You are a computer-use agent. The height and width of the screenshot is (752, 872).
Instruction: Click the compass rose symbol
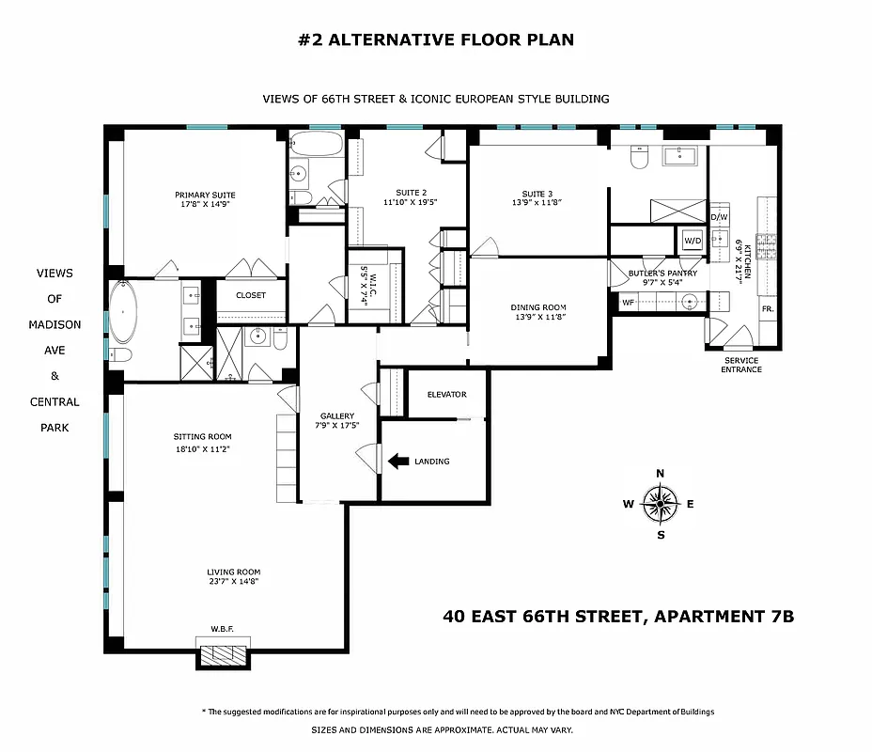[660, 504]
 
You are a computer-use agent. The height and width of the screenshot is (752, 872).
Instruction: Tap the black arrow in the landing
[398, 461]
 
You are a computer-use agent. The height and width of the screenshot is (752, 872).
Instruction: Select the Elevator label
[446, 394]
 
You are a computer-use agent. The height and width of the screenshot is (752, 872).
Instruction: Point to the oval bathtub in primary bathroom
[123, 313]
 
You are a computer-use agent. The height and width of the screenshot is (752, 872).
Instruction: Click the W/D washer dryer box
[692, 240]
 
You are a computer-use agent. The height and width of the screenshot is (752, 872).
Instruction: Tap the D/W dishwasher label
[719, 217]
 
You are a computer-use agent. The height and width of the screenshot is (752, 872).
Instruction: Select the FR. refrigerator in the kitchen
[767, 308]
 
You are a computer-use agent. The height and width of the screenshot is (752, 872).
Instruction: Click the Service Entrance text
[741, 365]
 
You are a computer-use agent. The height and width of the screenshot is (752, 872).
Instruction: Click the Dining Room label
[538, 307]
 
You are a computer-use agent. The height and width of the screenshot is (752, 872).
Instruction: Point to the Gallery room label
[336, 415]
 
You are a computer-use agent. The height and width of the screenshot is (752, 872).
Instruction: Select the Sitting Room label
[202, 436]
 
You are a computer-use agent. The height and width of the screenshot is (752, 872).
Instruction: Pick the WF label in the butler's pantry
[628, 303]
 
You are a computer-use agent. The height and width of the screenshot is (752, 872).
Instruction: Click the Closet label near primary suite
[250, 295]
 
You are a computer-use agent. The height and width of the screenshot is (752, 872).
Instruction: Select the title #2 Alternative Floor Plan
[436, 39]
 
